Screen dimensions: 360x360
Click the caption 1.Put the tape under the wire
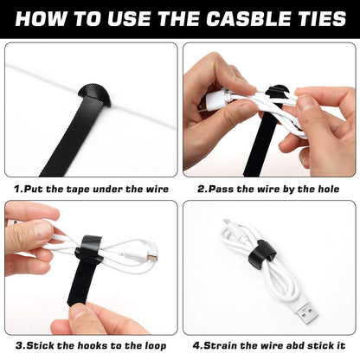pyautogui.click(x=91, y=187)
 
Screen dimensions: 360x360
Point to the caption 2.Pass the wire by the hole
pyautogui.click(x=267, y=187)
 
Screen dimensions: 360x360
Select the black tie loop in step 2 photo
pyautogui.click(x=275, y=98)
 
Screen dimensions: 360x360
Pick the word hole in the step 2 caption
pyautogui.click(x=328, y=187)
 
